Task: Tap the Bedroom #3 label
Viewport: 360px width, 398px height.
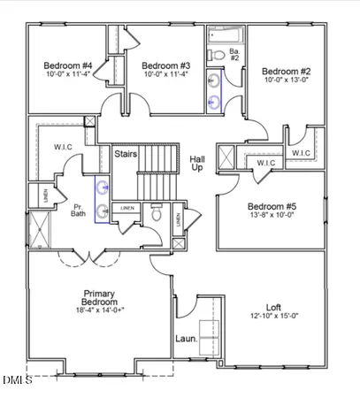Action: [166, 65]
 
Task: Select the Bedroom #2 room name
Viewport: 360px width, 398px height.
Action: [287, 72]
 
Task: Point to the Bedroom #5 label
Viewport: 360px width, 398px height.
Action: [272, 206]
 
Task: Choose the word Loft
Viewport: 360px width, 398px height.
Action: [274, 308]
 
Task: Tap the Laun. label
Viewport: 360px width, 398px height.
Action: [186, 339]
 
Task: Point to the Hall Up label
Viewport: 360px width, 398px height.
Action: [198, 163]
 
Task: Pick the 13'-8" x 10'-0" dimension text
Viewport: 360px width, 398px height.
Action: [272, 215]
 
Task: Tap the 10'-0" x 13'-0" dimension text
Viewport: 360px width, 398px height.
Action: [287, 80]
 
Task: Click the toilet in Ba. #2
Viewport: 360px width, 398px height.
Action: [216, 55]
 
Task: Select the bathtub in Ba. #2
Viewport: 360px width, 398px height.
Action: [226, 35]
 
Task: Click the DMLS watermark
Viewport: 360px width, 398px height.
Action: [17, 381]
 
